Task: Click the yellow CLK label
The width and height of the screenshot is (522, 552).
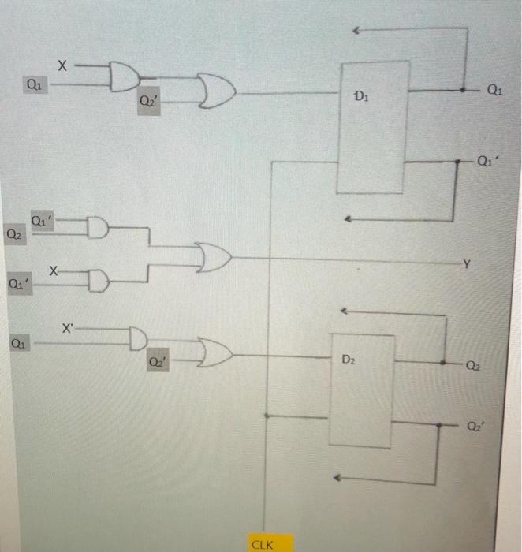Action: point(261,544)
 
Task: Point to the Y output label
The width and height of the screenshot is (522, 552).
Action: point(466,264)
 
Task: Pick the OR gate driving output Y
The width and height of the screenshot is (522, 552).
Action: point(214,256)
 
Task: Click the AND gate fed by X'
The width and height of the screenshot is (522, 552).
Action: point(138,338)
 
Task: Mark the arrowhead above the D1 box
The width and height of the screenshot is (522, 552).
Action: point(356,31)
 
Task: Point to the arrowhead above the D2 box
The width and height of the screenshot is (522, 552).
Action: point(353,312)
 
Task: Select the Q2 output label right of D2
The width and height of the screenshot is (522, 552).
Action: point(472,365)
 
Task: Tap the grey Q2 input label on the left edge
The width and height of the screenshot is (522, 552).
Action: point(13,233)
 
